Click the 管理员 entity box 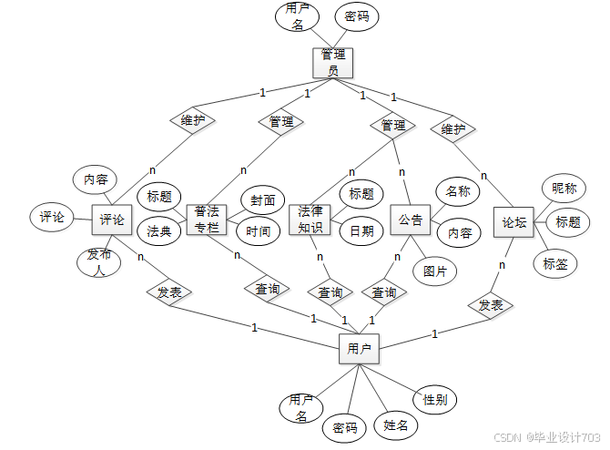point(331,62)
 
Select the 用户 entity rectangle point(359,349)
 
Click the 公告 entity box point(411,220)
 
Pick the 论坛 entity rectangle point(514,221)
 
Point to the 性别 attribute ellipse point(434,399)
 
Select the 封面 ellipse point(262,200)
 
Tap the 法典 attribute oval point(159,231)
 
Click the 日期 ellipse point(361,231)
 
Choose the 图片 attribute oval point(434,271)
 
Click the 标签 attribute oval point(555,264)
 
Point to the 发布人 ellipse point(98,261)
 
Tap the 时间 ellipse point(259,231)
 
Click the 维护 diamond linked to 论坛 point(452,129)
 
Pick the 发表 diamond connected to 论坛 point(491,305)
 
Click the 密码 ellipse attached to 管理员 point(356,16)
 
